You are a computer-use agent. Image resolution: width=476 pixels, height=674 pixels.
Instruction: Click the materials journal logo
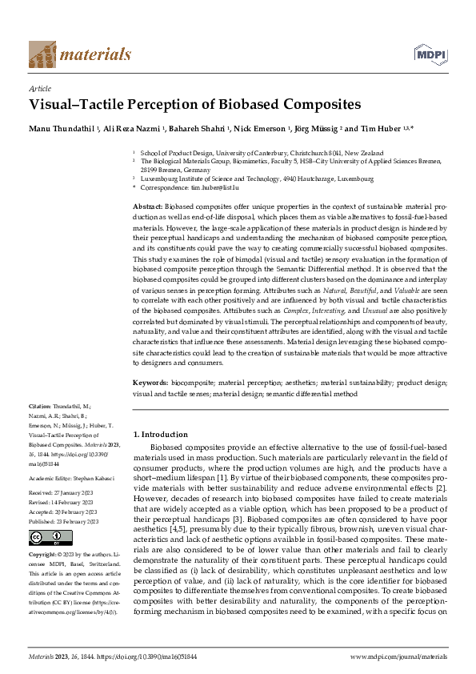pos(79,54)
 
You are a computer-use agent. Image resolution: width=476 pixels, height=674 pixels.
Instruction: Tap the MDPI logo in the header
pos(430,54)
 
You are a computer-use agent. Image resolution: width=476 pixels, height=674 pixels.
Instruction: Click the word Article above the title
pos(40,89)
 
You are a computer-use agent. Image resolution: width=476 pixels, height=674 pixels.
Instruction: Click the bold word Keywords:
pos(151,383)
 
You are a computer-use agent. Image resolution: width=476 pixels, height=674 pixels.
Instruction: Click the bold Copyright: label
pos(44,554)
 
